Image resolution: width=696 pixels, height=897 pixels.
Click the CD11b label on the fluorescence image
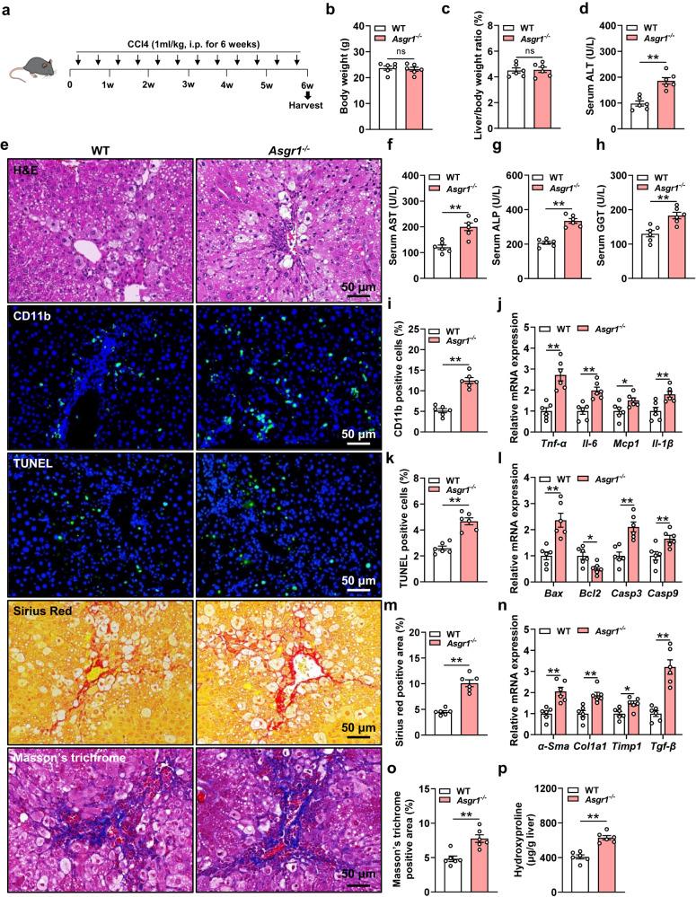[x=32, y=316]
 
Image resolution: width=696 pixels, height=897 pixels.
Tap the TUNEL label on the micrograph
[x=32, y=462]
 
